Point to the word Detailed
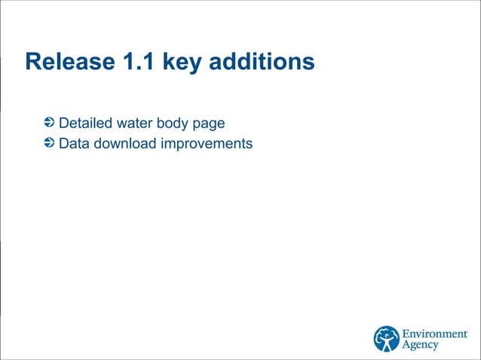(85, 123)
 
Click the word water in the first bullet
(133, 123)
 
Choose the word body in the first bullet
(173, 124)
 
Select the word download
(122, 142)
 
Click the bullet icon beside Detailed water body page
(50, 122)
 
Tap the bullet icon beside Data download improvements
(50, 142)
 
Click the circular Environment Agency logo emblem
(387, 338)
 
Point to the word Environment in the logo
(434, 334)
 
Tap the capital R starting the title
(32, 62)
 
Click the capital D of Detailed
(63, 123)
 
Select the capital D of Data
(63, 142)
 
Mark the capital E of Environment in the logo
(405, 334)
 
